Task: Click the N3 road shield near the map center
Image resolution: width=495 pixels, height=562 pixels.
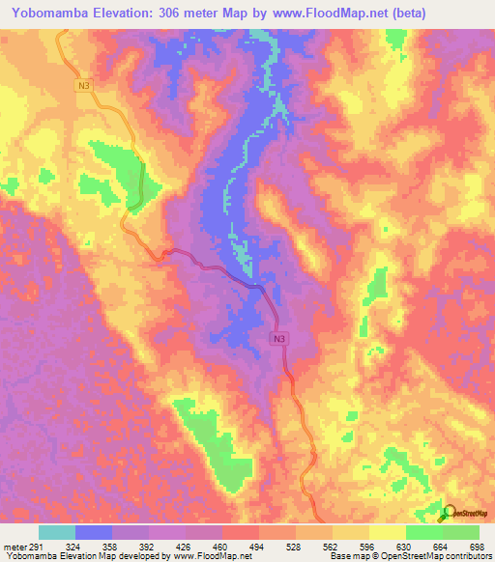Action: tap(278, 338)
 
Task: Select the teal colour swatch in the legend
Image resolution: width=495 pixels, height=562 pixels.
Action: tap(57, 533)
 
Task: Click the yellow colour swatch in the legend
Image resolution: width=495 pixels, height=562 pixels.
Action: tap(350, 533)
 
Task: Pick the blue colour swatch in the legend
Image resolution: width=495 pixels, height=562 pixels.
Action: tap(94, 533)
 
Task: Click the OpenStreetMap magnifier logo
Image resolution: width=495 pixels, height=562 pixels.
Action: tap(448, 513)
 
